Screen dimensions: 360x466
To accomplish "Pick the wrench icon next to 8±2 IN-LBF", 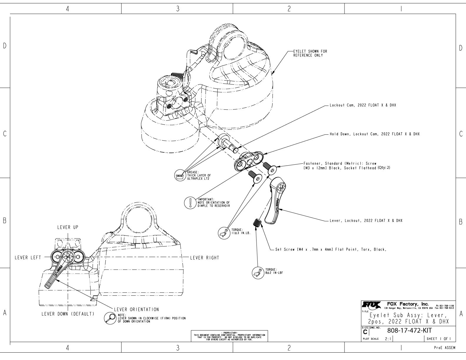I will point(258,272).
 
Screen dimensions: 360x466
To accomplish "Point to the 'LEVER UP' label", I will point(68,227).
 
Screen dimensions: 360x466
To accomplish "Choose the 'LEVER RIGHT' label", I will point(204,258).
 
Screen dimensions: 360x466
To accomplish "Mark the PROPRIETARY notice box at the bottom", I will point(229,336).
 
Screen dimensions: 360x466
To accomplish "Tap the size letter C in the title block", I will point(365,332).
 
